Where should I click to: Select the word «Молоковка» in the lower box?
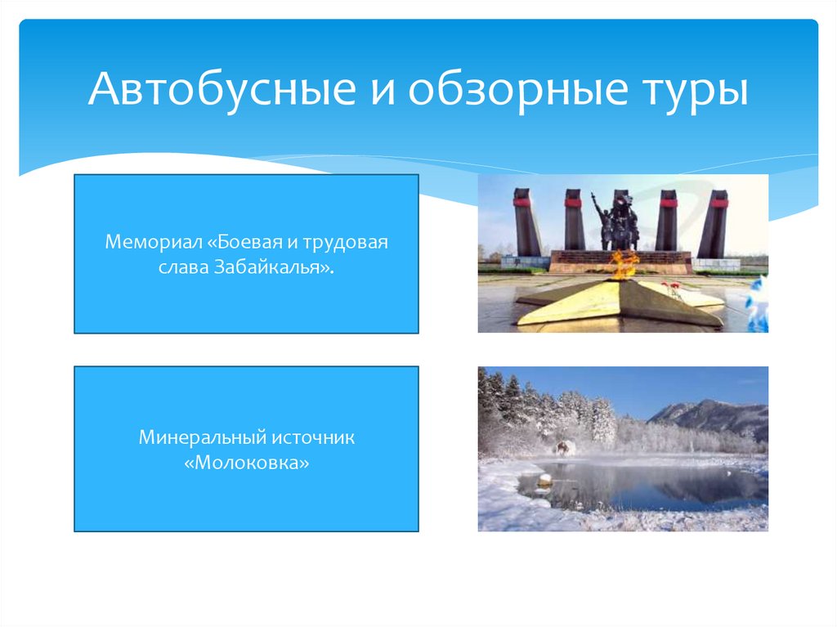(246, 463)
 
